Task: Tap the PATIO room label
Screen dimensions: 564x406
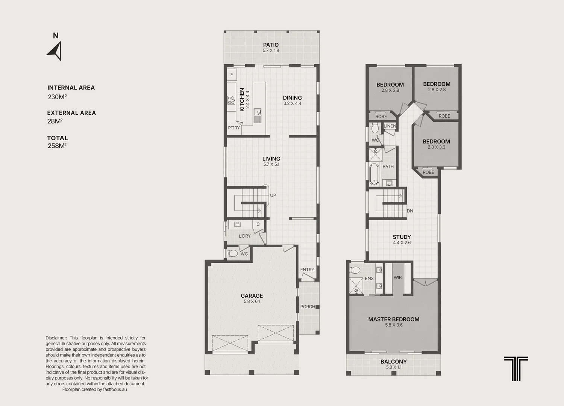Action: [271, 45]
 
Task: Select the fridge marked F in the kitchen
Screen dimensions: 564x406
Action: [232, 75]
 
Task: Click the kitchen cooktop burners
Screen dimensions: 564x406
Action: [231, 100]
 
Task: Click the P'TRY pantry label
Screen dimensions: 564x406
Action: [233, 128]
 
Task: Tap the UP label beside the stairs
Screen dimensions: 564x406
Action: [273, 195]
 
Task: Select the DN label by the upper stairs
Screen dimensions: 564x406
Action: [410, 211]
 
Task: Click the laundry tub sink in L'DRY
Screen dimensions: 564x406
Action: [237, 224]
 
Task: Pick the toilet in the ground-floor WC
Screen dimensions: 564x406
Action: [232, 253]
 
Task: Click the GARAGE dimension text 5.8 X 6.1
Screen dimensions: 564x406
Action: [252, 301]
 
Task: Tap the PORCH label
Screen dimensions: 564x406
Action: [308, 307]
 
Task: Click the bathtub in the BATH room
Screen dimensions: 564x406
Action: [374, 174]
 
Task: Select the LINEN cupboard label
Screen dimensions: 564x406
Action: [390, 126]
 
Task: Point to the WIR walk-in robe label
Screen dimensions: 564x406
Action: [398, 277]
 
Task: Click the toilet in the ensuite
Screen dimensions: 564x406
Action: [355, 270]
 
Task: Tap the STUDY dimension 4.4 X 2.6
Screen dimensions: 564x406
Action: [402, 242]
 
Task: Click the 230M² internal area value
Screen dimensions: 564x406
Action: [58, 97]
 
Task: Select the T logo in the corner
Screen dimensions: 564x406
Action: [516, 368]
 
